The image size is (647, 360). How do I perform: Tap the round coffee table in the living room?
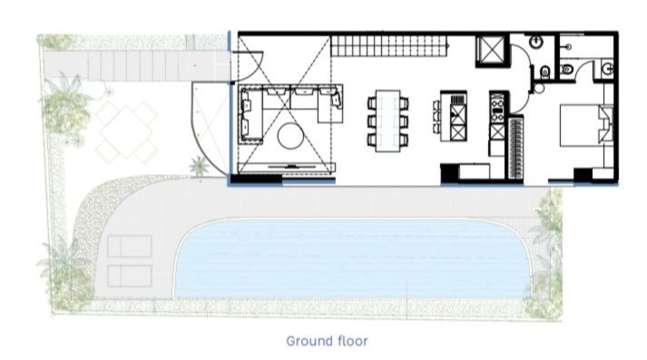(x=290, y=136)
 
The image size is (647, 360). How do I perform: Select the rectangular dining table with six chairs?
(x=387, y=121)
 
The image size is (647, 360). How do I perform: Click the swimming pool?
(x=352, y=259)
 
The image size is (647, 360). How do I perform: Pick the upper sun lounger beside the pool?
(x=130, y=246)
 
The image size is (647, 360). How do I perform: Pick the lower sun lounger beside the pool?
(x=130, y=276)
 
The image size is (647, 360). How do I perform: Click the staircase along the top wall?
(x=390, y=45)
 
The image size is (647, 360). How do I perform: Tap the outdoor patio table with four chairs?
(x=126, y=131)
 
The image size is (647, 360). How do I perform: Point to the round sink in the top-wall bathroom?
(x=535, y=42)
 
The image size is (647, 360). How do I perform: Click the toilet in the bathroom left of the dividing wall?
(x=545, y=73)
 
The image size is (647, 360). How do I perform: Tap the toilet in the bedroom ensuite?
(x=567, y=69)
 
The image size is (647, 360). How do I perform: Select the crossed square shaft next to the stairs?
(x=490, y=51)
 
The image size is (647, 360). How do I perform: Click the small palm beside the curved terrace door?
(x=200, y=166)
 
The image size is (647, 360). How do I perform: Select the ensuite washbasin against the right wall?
(x=607, y=69)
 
